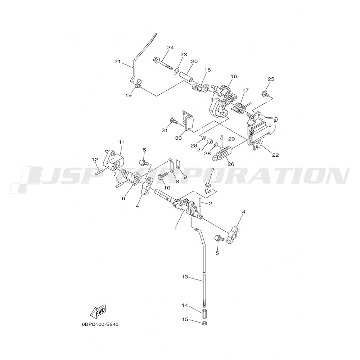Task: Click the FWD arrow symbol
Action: click(98, 312)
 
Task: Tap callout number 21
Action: click(117, 62)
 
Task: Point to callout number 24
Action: click(170, 48)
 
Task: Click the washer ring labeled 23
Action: click(176, 70)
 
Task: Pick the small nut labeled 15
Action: click(204, 324)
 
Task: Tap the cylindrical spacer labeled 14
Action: click(204, 314)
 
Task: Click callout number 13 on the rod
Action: click(185, 277)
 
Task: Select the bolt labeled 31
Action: click(174, 121)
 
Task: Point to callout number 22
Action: click(275, 155)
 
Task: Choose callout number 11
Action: click(122, 142)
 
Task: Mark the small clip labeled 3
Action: click(208, 187)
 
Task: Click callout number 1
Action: click(176, 228)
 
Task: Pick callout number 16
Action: click(234, 76)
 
